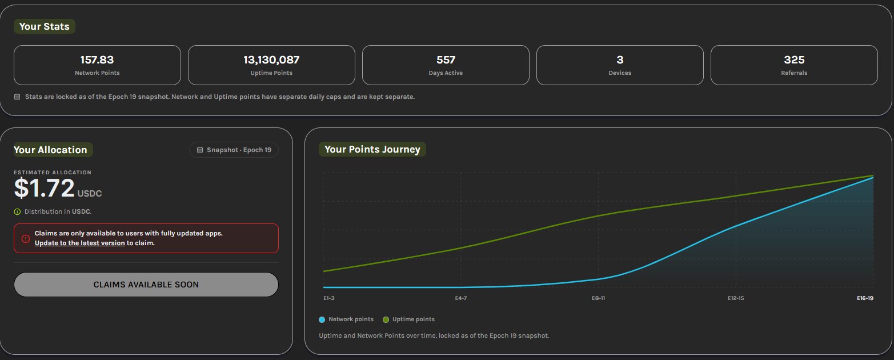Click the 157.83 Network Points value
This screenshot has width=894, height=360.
pos(97,60)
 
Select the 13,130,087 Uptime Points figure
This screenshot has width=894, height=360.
pos(271,60)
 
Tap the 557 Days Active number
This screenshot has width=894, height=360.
pos(446,60)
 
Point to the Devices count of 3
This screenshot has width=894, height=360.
pos(620,60)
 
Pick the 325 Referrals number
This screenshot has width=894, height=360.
pos(794,60)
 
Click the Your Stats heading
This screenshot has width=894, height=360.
pos(45,26)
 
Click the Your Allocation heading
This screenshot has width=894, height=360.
pos(50,150)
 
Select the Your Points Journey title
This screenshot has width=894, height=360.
pos(372,149)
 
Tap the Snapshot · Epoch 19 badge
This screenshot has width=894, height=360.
pos(234,150)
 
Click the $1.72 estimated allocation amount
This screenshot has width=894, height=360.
pos(45,188)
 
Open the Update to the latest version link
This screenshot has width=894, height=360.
pos(80,243)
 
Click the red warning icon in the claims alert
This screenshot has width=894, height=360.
pos(26,239)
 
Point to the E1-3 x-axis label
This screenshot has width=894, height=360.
pos(329,298)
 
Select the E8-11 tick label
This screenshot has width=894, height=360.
pos(598,298)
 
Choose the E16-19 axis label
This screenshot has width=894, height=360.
pos(865,298)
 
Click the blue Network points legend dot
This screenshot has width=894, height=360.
pos(322,319)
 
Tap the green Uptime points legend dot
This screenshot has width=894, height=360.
pos(386,319)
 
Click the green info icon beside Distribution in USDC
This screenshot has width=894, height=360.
pos(17,212)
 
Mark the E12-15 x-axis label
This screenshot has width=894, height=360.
pos(736,298)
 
